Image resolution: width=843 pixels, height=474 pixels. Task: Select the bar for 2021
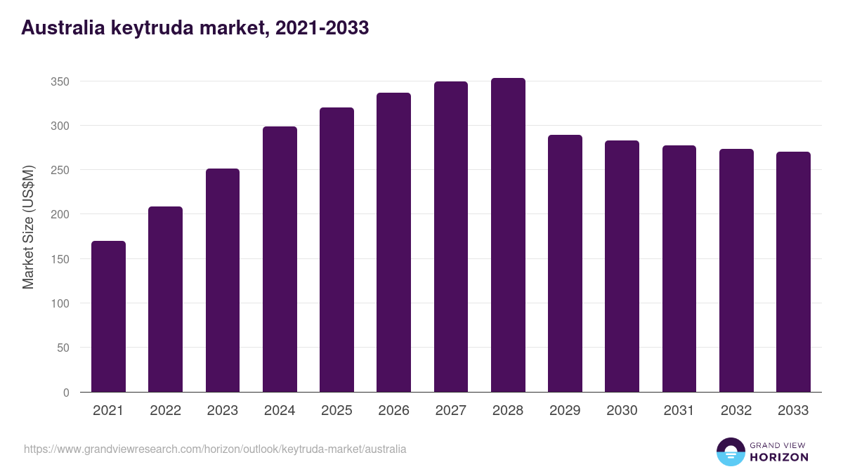click(108, 317)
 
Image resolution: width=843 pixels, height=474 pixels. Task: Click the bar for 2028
click(508, 235)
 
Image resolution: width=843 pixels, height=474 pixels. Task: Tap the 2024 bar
click(280, 259)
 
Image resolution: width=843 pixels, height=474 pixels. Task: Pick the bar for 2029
click(565, 263)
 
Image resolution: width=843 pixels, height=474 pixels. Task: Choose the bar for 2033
click(793, 272)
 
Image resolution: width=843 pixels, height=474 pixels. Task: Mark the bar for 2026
click(393, 242)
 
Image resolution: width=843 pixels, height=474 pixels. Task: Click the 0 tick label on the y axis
click(66, 393)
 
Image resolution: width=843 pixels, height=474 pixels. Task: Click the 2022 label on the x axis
click(165, 411)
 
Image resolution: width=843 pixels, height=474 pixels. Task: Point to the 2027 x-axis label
click(450, 411)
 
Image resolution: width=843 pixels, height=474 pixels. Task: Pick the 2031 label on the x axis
click(679, 411)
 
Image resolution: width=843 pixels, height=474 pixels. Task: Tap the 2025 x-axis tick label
click(336, 411)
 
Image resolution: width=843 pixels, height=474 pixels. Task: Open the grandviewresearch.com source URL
click(215, 449)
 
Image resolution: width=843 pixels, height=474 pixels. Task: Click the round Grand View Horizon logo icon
click(730, 452)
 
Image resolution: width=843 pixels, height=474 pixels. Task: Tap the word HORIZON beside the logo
click(779, 457)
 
